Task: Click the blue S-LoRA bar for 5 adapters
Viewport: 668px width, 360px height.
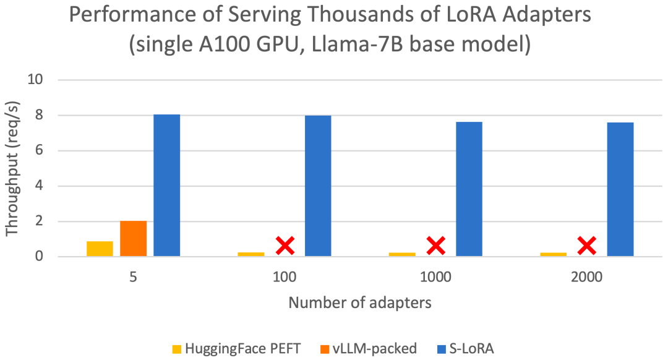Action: pos(166,186)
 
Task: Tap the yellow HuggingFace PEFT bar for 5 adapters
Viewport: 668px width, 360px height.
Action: pos(100,249)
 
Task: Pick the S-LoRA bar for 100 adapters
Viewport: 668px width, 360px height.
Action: pos(318,186)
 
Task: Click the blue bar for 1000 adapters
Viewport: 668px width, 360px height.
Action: pos(469,189)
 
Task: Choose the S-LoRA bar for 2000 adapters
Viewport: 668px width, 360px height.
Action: pos(620,189)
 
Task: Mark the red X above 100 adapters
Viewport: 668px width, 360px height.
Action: pos(285,246)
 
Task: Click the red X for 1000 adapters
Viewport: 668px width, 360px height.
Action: pos(435,246)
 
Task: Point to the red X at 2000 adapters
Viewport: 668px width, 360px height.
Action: pos(587,246)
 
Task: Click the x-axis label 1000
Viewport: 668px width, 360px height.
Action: pos(435,277)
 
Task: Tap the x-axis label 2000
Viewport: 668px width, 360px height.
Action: pos(587,277)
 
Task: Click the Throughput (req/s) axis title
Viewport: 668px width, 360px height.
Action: pos(14,168)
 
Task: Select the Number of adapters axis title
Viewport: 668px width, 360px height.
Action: pos(360,304)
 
